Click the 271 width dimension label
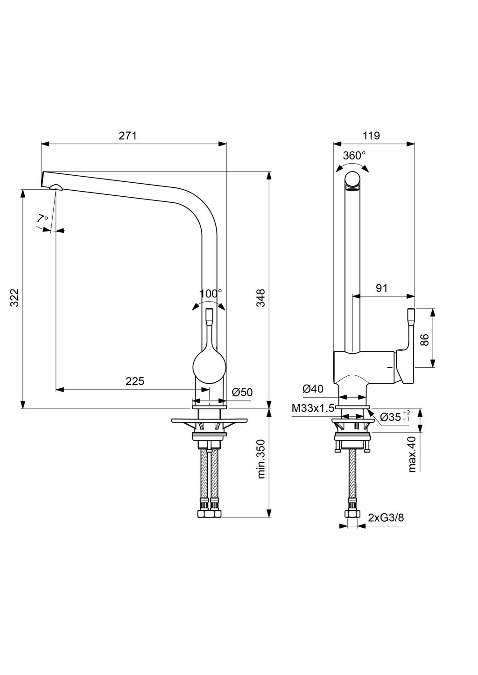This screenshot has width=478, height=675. pyautogui.click(x=127, y=136)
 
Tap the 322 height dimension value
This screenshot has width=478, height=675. pyautogui.click(x=14, y=298)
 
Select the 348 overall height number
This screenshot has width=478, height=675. pyautogui.click(x=260, y=298)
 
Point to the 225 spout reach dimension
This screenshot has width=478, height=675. pyautogui.click(x=135, y=381)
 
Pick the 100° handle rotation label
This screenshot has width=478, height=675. pyautogui.click(x=211, y=294)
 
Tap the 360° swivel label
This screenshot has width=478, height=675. pyautogui.click(x=354, y=156)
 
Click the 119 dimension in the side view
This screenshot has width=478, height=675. pyautogui.click(x=371, y=136)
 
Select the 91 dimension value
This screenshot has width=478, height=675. pyautogui.click(x=382, y=288)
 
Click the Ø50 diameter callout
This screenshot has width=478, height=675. pyautogui.click(x=242, y=392)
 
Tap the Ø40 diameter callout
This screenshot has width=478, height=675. pyautogui.click(x=313, y=389)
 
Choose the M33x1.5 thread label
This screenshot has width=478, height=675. pyautogui.click(x=313, y=408)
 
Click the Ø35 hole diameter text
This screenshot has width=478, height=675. pyautogui.click(x=391, y=417)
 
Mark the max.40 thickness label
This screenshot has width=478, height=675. pyautogui.click(x=412, y=455)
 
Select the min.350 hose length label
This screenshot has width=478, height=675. pyautogui.click(x=261, y=459)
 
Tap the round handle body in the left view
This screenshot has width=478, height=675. pyautogui.click(x=209, y=366)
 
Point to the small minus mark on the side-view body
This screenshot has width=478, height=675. pyautogui.click(x=390, y=368)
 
